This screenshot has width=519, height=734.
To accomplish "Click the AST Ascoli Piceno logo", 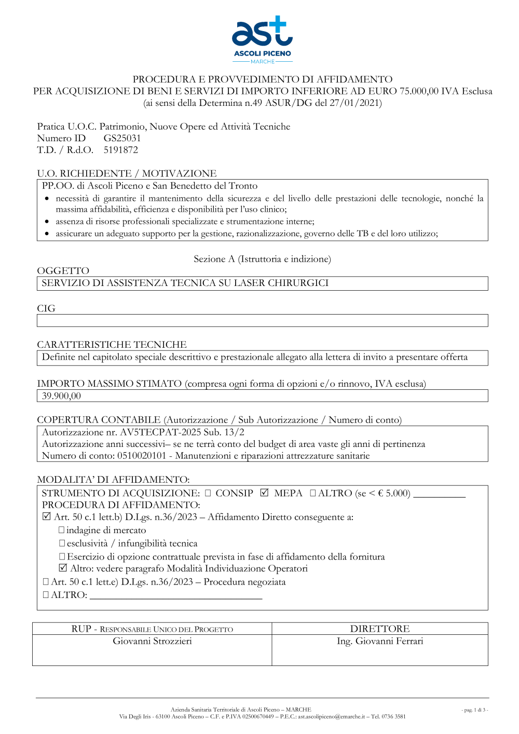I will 262,39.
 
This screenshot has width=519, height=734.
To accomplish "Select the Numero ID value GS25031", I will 122,138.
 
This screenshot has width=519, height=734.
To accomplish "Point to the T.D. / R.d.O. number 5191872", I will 121,150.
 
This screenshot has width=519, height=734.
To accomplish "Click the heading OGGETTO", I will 63,270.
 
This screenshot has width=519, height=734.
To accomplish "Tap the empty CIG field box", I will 262,320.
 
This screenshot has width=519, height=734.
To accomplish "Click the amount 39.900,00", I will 61,396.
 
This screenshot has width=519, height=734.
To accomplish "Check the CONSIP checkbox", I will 208,493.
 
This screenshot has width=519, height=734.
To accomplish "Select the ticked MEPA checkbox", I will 264,493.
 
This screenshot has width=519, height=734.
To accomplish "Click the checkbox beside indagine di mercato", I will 61,530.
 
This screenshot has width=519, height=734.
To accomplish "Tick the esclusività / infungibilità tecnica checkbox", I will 62,543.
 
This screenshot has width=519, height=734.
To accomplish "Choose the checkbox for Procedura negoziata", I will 46,581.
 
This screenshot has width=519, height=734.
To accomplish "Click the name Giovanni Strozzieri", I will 152,641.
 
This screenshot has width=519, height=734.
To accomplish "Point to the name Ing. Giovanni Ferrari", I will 379,641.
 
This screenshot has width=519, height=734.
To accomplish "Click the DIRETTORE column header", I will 379,629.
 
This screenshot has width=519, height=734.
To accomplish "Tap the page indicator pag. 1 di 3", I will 474,710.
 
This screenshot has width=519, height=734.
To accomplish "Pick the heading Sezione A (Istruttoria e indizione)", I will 262,259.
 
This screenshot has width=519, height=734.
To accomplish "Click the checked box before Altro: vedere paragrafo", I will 63,568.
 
